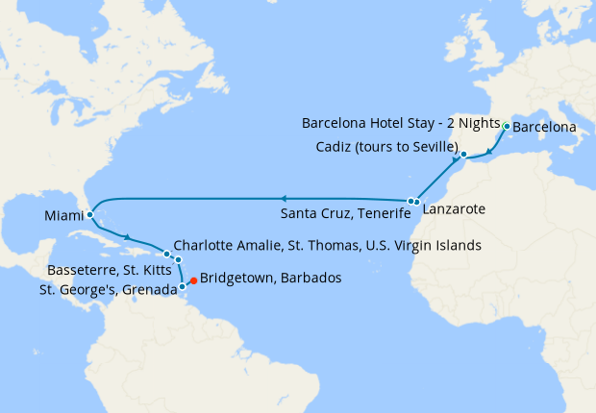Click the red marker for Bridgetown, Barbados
(x=193, y=280)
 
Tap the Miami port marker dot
(x=89, y=215)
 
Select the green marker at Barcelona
(x=507, y=126)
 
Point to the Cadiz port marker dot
(x=463, y=155)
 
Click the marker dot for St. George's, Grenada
(x=182, y=285)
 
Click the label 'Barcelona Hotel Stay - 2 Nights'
(x=401, y=125)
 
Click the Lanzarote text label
(x=452, y=209)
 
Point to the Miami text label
(x=62, y=218)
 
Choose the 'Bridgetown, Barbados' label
(x=270, y=279)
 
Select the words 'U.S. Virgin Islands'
(x=423, y=246)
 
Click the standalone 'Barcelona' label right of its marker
(x=544, y=127)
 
